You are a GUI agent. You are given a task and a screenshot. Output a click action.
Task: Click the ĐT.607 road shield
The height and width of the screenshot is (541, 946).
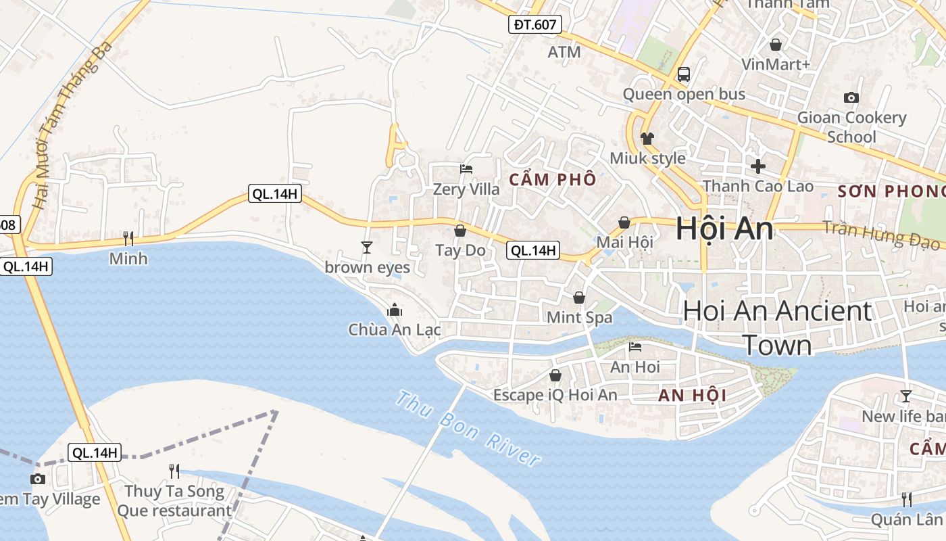[x=534, y=25]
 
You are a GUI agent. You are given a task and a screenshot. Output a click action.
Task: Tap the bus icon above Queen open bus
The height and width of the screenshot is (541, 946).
[x=684, y=74]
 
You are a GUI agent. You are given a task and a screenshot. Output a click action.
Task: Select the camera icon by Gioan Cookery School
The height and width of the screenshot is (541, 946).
[x=851, y=97]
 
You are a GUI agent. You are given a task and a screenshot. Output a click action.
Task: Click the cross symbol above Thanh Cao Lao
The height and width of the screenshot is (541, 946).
[x=758, y=166]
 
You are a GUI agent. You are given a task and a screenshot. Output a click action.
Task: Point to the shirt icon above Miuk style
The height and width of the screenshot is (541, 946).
[x=647, y=139]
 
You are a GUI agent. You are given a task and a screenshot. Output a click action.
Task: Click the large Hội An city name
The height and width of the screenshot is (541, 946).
[x=724, y=229]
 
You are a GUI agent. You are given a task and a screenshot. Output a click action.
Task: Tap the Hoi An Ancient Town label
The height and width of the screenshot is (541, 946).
[x=777, y=328]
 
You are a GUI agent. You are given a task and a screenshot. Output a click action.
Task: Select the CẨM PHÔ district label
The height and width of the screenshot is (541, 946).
[x=553, y=180]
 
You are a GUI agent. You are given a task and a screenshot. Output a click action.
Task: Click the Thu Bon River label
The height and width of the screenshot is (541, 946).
[x=468, y=429]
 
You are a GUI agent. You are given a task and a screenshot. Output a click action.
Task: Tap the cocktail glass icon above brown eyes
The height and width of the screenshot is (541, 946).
[x=367, y=248]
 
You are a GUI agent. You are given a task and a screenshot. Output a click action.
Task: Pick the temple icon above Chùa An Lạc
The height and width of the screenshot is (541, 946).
[x=395, y=310]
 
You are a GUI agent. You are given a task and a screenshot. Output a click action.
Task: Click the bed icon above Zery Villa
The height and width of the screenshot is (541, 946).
[x=466, y=169]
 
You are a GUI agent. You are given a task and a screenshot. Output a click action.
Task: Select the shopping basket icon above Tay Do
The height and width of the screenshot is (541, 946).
[x=460, y=231]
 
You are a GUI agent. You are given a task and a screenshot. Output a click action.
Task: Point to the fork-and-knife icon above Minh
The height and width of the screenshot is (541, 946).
[x=128, y=238]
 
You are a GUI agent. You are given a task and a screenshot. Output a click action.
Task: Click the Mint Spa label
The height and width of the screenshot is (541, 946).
[x=579, y=317]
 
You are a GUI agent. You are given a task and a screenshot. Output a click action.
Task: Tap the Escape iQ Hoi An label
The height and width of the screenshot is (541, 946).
[x=555, y=395]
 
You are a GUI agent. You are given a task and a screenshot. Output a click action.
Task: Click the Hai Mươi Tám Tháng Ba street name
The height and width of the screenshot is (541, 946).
[x=72, y=125]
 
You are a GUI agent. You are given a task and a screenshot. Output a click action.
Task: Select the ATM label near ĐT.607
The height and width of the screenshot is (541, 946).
[x=564, y=52]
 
